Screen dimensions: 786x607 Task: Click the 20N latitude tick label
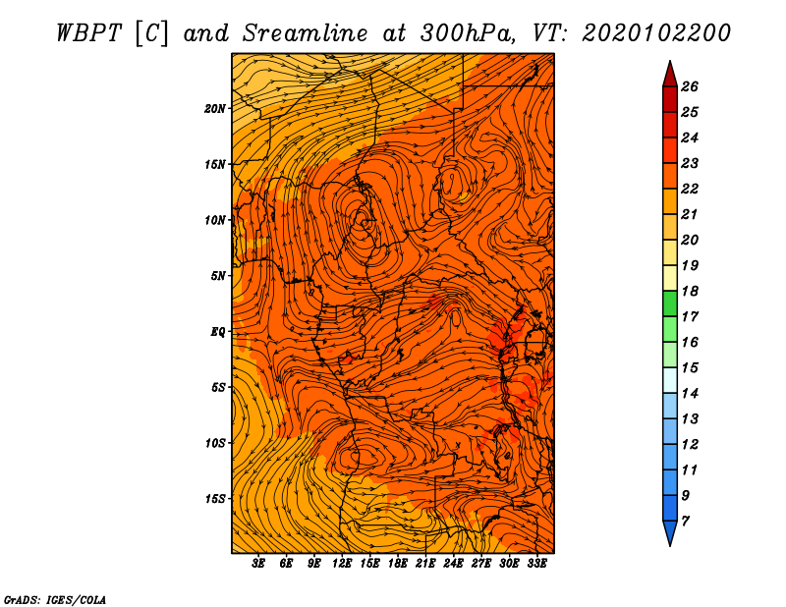(x=214, y=109)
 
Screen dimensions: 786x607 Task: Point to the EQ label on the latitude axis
(x=218, y=332)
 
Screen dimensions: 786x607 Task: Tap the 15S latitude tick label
(x=214, y=499)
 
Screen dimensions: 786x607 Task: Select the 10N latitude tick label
(x=214, y=220)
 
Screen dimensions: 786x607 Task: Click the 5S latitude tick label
(x=218, y=387)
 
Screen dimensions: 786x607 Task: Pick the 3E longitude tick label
(x=258, y=564)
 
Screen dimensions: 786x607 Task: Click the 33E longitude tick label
(x=536, y=564)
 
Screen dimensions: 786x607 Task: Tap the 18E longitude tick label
(x=398, y=564)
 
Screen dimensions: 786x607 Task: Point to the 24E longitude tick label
(x=453, y=564)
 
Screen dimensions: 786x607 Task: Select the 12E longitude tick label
(x=342, y=564)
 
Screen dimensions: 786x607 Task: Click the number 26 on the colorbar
(x=690, y=86)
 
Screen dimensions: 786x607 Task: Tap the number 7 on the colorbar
(x=685, y=522)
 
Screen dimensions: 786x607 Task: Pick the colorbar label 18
(x=690, y=291)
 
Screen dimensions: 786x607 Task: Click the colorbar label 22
(x=690, y=189)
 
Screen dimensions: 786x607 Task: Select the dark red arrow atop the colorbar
(x=670, y=75)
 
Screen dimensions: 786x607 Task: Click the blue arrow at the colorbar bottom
(x=670, y=532)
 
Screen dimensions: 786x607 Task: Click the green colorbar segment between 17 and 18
(x=670, y=303)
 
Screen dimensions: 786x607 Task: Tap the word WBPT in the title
(x=88, y=33)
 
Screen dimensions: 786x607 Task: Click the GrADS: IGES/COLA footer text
(x=55, y=599)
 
